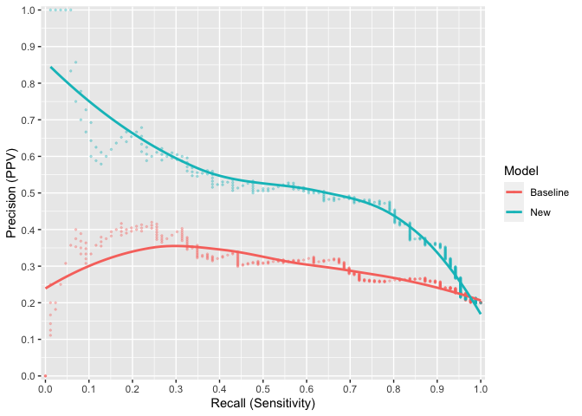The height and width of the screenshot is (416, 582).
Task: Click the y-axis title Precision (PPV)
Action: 11,192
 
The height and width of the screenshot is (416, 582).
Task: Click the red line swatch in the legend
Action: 514,192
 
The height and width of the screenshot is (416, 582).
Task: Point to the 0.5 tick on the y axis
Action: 39,193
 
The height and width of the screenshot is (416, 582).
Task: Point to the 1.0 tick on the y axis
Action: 39,10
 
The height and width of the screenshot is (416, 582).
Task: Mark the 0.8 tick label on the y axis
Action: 29,83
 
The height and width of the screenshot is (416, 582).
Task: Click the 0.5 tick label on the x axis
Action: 263,388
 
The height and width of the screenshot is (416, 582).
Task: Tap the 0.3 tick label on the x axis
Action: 176,388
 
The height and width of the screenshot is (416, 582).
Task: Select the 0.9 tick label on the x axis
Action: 437,388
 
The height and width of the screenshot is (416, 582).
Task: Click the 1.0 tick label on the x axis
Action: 481,388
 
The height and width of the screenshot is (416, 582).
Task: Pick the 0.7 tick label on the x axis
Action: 350,388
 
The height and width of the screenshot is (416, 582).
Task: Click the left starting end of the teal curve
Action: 50,68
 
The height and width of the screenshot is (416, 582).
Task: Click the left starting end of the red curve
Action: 45,289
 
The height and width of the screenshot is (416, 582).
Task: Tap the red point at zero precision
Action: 45,376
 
